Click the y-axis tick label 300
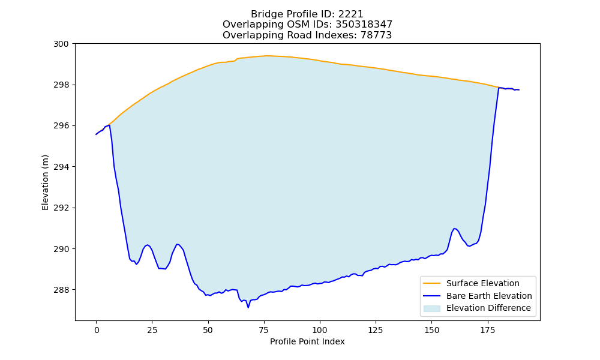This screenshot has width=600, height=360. tap(61, 44)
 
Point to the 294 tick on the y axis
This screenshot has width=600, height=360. tap(61, 167)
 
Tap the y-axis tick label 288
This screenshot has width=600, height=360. tap(61, 290)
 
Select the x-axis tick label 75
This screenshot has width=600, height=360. tap(263, 330)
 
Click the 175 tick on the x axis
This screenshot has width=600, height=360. tap(487, 330)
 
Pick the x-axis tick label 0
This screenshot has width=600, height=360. tap(96, 330)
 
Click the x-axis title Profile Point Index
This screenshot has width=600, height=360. tap(307, 341)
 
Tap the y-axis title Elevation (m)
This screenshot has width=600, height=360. tap(45, 182)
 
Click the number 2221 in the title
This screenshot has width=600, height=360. tap(350, 14)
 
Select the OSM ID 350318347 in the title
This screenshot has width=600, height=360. tap(364, 25)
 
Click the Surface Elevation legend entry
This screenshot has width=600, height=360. tap(471, 283)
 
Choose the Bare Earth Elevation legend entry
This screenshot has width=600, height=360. tap(477, 296)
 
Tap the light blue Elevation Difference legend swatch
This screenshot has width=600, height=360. tap(431, 308)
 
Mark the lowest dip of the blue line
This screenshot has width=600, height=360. tap(248, 308)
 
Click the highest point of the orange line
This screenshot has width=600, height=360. tap(267, 56)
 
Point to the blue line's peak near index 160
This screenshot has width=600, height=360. tap(454, 229)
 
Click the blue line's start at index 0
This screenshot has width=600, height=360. tap(96, 134)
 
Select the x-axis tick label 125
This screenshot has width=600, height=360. tap(376, 330)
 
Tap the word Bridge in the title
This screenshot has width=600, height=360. tap(263, 14)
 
